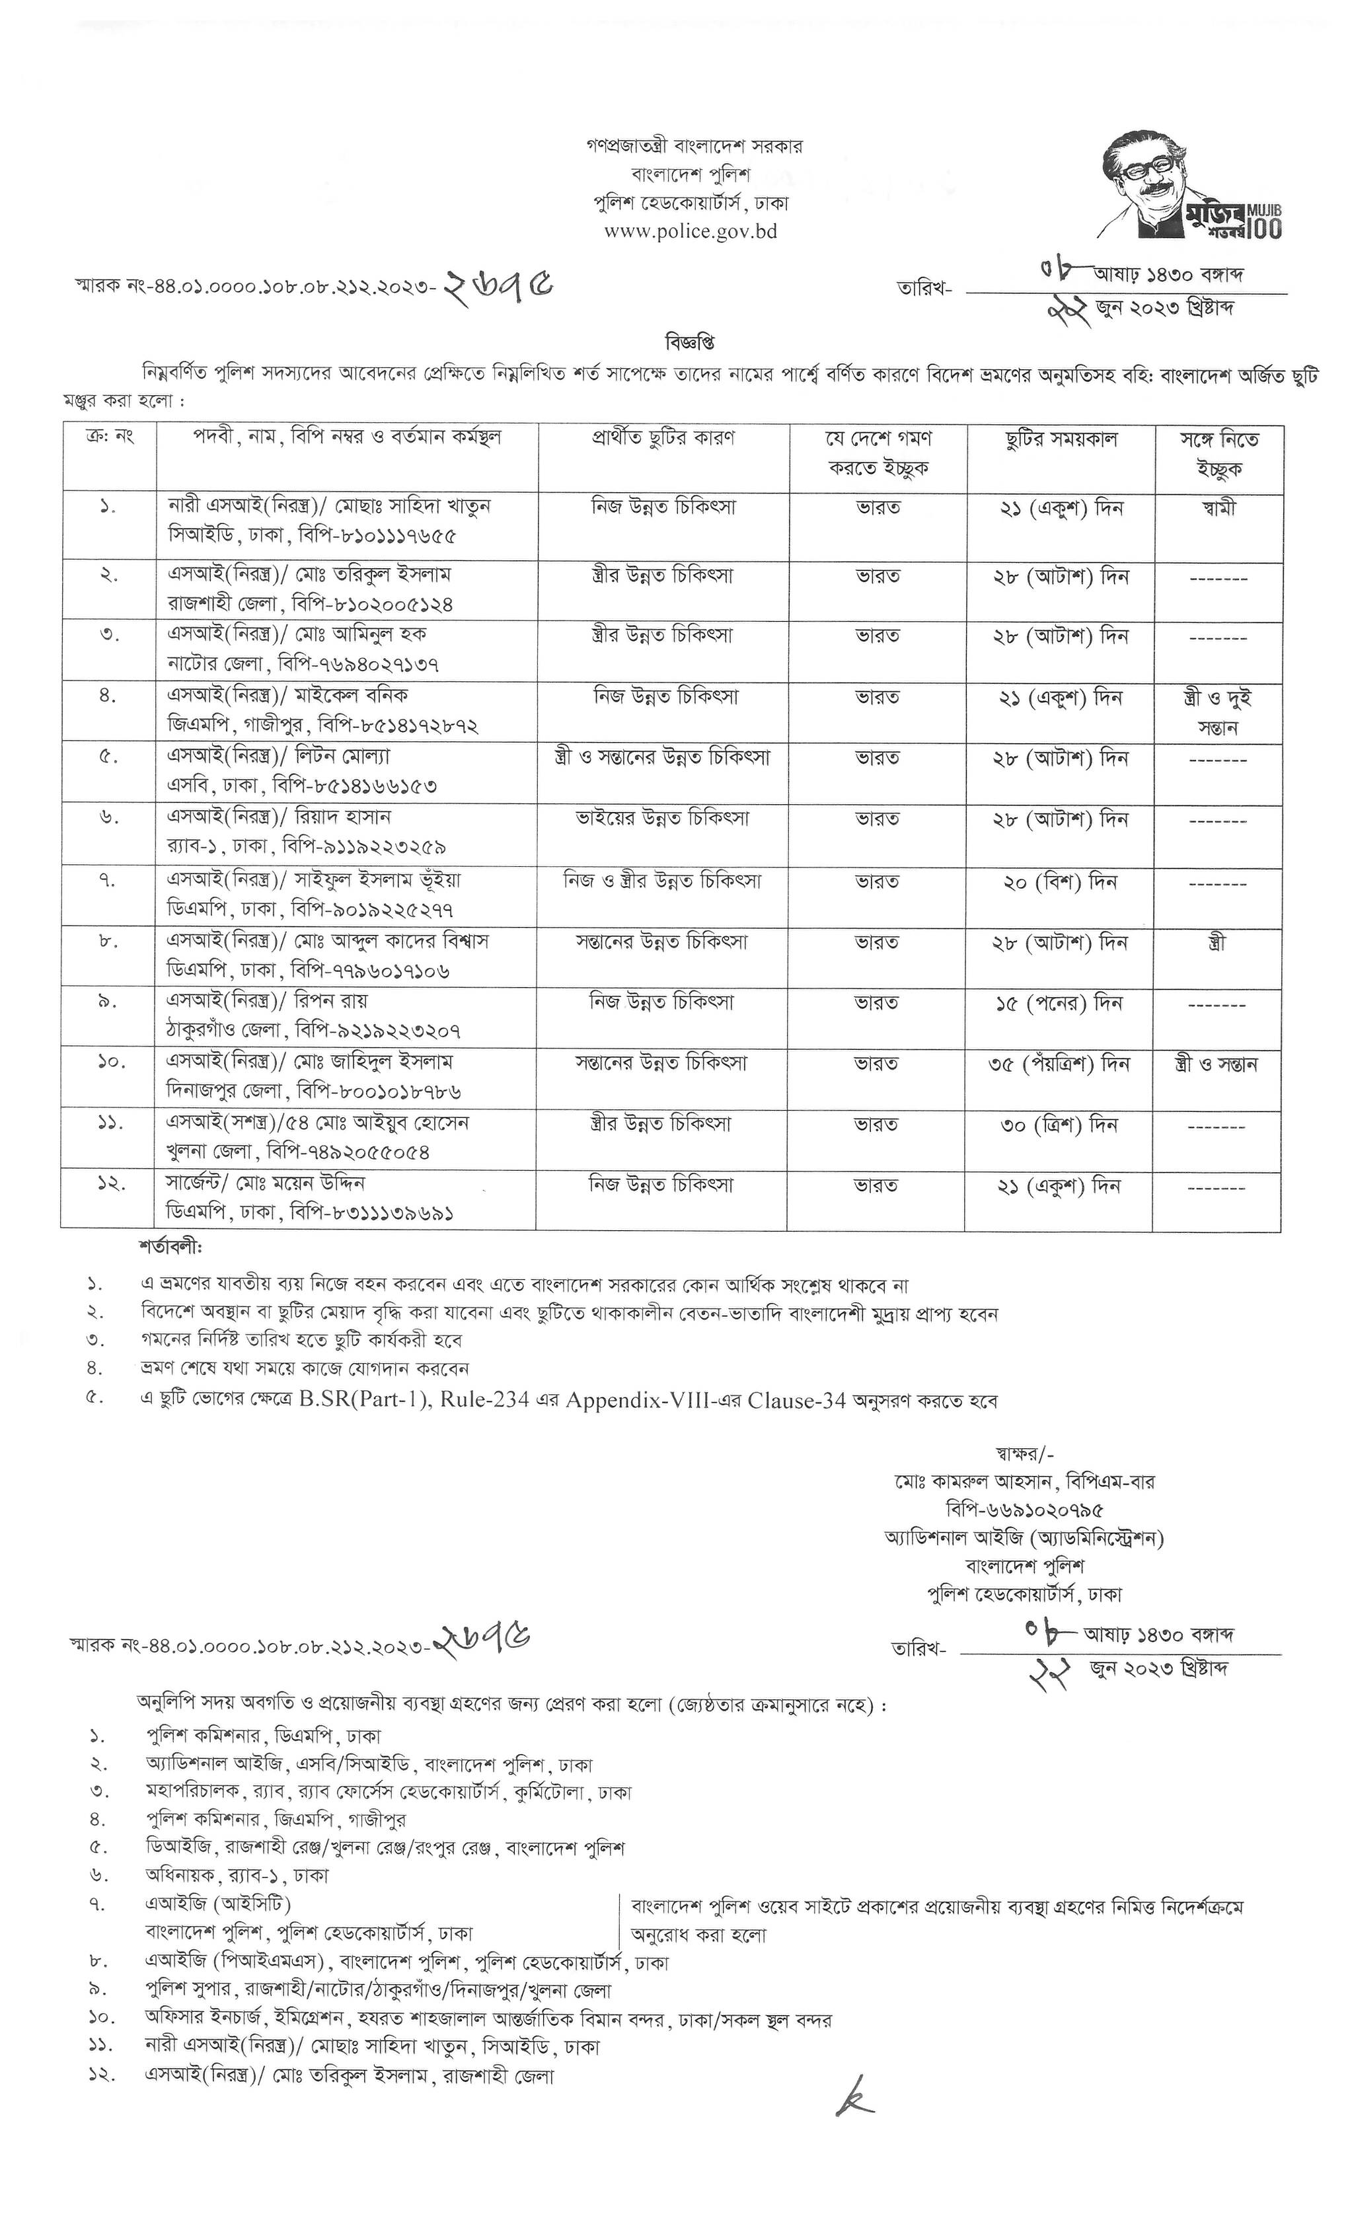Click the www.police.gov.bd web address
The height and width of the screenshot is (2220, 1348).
(x=691, y=231)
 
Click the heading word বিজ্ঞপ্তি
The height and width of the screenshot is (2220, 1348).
(x=691, y=344)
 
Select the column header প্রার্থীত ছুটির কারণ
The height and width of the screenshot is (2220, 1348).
(x=663, y=439)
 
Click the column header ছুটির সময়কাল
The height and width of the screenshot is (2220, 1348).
(x=1061, y=439)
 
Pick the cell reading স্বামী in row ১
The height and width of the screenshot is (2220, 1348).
(x=1218, y=507)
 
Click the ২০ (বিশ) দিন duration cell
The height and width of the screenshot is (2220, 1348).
(x=1061, y=882)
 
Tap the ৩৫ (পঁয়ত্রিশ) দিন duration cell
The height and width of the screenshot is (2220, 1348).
(x=1061, y=1064)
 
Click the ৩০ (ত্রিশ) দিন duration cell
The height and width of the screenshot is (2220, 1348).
(x=1060, y=1125)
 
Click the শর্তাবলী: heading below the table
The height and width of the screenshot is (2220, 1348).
(x=171, y=1249)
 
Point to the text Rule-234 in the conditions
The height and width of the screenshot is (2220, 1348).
(x=488, y=1401)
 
